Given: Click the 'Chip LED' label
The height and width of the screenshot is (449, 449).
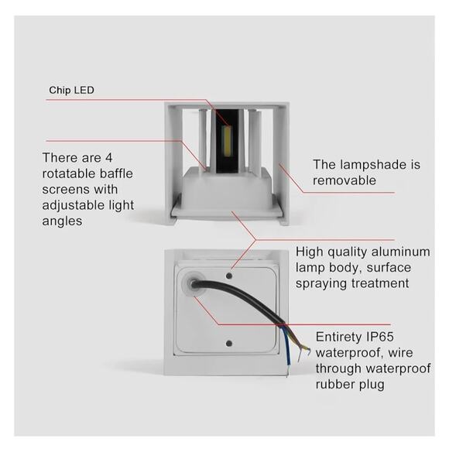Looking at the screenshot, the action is click(71, 91).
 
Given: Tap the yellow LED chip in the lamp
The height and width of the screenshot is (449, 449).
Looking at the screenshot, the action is click(228, 142).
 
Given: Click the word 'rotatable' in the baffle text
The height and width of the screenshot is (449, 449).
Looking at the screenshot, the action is click(68, 173).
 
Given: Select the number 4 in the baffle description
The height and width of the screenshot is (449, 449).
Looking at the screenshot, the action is click(109, 158).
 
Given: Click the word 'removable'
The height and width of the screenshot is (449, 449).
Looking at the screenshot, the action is click(344, 180).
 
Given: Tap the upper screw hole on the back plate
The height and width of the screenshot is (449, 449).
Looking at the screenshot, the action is click(229, 276).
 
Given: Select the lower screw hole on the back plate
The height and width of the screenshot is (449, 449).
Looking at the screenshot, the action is click(229, 343).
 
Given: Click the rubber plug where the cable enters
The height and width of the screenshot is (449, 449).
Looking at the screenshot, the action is click(194, 284).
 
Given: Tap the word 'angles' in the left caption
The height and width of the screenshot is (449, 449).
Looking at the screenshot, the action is click(62, 221).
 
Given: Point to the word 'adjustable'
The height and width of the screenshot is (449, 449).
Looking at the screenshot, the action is click(73, 206).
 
